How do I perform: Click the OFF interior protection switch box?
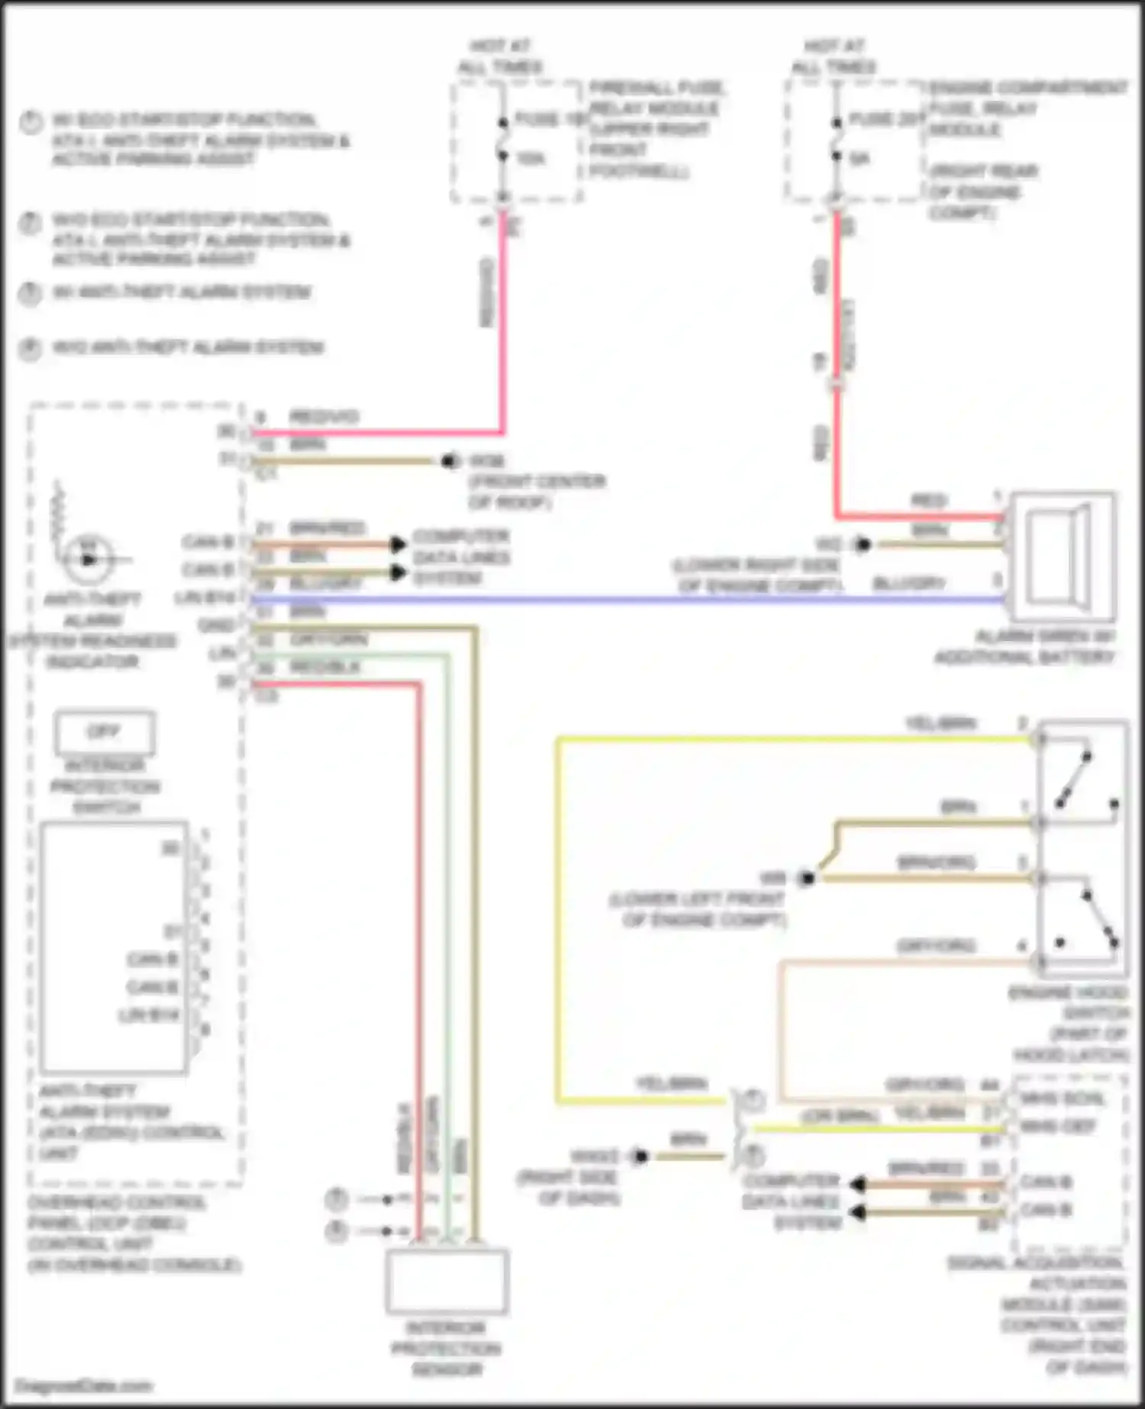[104, 732]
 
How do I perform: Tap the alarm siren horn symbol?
[1062, 555]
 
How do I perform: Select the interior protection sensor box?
[447, 1282]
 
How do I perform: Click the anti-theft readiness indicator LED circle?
[89, 559]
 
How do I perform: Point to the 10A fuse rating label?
[531, 159]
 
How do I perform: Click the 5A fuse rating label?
[860, 159]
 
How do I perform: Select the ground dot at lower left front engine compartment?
[805, 879]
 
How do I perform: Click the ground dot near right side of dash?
[640, 1157]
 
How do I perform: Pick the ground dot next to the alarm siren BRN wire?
[863, 545]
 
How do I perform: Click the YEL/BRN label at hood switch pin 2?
[940, 724]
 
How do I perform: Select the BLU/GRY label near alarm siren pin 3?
[908, 584]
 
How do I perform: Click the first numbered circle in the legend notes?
[31, 122]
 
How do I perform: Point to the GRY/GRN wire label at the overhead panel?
[328, 640]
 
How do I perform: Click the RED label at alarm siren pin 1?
[928, 501]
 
